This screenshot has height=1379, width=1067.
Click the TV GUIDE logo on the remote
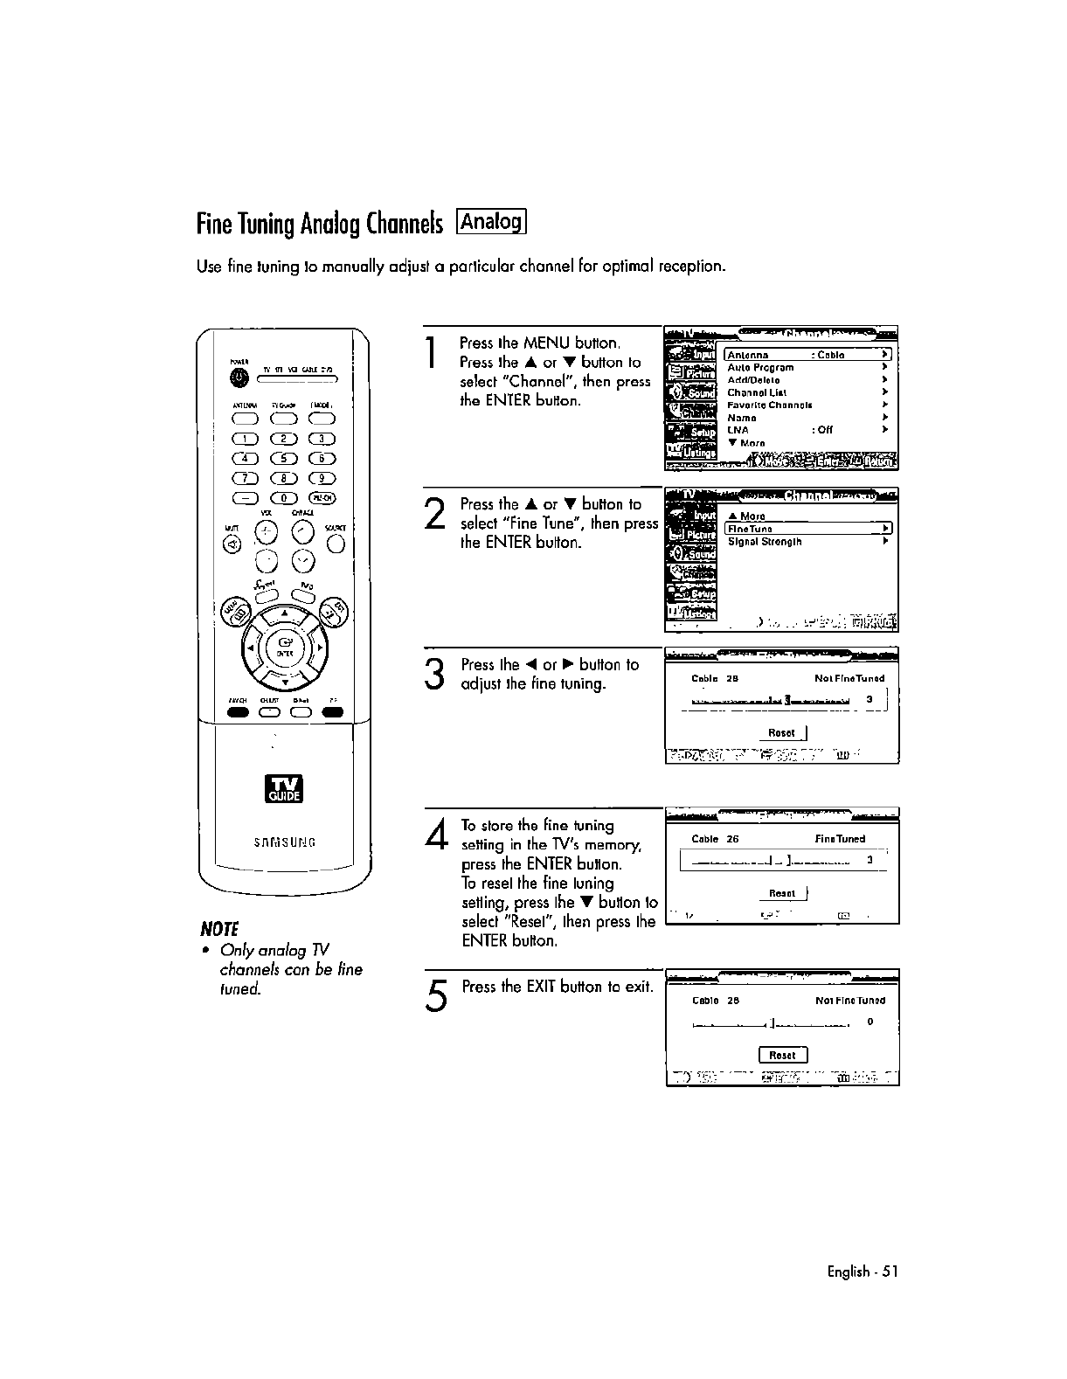tap(284, 787)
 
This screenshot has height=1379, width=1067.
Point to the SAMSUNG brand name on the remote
tap(284, 842)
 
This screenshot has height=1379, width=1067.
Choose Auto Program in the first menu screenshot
tap(760, 368)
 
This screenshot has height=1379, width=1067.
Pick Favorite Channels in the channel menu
tap(770, 405)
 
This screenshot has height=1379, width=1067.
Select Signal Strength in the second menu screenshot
tap(765, 542)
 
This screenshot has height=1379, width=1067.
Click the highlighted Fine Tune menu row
tap(808, 529)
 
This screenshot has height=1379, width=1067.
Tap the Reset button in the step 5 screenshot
tap(782, 1055)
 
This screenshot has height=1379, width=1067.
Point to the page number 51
tap(890, 1272)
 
